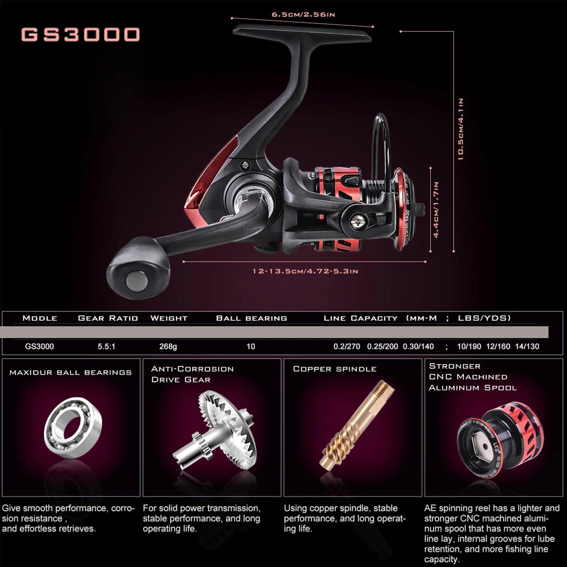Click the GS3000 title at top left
pyautogui.click(x=80, y=34)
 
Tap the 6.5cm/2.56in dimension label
pyautogui.click(x=303, y=15)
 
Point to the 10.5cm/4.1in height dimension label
pyautogui.click(x=460, y=129)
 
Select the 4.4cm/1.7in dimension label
pyautogui.click(x=436, y=210)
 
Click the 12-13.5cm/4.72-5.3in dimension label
pyautogui.click(x=305, y=271)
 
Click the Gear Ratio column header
pyautogui.click(x=108, y=318)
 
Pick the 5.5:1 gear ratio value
pyautogui.click(x=106, y=346)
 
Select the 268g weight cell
pyautogui.click(x=168, y=346)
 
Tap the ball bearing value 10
pyautogui.click(x=251, y=346)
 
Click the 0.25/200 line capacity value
pyautogui.click(x=382, y=346)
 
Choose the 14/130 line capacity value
pyautogui.click(x=527, y=346)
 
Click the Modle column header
pyautogui.click(x=40, y=318)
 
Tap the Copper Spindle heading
pyautogui.click(x=335, y=369)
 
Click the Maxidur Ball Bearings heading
pyautogui.click(x=70, y=373)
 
